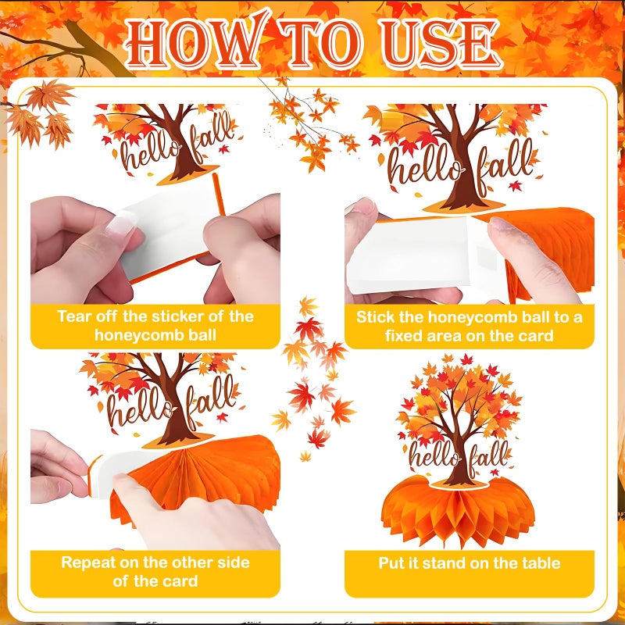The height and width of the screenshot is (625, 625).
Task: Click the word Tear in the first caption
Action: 73,316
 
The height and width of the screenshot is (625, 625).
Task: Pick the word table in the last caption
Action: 543,562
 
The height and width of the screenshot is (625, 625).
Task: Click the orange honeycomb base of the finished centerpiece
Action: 458,510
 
